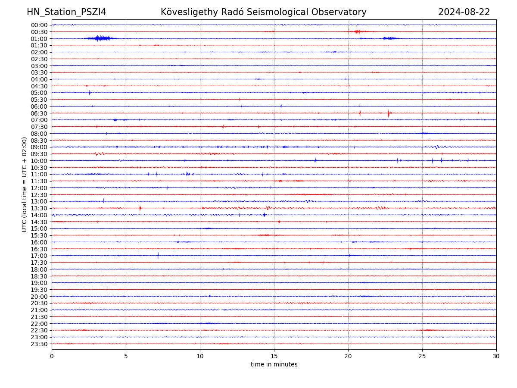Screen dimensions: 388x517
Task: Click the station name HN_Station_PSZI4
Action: point(66,12)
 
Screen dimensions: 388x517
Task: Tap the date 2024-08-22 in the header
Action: point(464,12)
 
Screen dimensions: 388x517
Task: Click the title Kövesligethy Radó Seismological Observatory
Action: point(264,12)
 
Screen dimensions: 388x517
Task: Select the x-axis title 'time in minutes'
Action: point(274,364)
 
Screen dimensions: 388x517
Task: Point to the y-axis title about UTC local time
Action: point(25,184)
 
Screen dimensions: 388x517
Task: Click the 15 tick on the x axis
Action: point(274,356)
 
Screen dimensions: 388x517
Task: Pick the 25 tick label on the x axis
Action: point(422,356)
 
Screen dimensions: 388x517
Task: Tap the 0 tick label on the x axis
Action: point(52,356)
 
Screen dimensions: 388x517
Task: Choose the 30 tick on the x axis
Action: point(496,356)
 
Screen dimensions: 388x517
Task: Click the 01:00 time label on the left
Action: point(39,38)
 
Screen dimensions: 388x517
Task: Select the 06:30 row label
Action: point(39,113)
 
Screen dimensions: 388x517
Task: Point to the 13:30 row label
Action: point(39,208)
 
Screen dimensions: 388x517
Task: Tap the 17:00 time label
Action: point(39,256)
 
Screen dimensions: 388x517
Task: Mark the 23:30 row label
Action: point(39,344)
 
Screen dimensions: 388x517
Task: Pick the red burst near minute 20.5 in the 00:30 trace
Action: point(357,31)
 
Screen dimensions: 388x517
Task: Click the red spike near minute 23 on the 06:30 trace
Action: point(389,113)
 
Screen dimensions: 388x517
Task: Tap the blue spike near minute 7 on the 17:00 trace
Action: point(158,256)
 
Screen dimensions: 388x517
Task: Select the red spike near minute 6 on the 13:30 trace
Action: point(140,208)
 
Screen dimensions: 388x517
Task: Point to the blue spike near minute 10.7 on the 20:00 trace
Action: point(210,296)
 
